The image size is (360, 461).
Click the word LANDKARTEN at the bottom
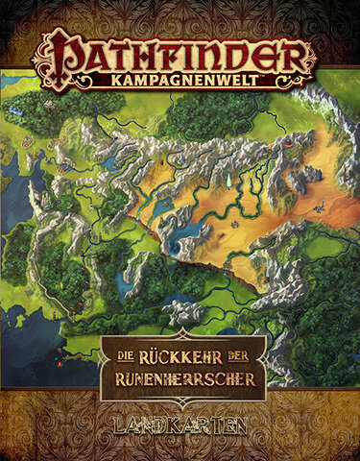pos(180,424)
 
